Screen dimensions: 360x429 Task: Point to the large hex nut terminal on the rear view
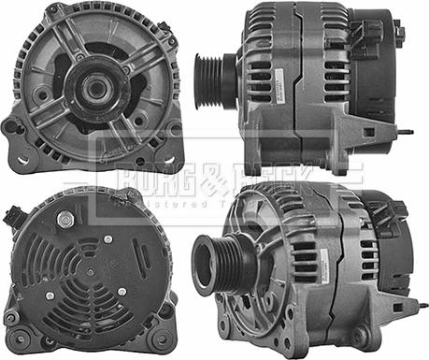(65, 219)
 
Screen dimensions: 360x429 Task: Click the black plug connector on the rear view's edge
(12, 218)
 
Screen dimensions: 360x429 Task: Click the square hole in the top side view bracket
(366, 132)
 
